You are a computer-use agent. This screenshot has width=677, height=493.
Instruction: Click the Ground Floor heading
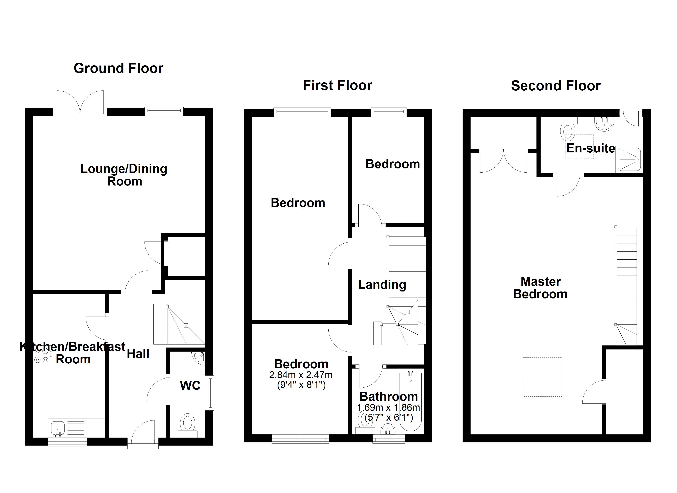click(119, 68)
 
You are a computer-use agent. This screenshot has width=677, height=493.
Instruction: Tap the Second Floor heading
click(556, 86)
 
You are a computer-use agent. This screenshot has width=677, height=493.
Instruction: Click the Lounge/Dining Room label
click(124, 175)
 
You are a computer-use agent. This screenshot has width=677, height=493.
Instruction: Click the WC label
click(190, 386)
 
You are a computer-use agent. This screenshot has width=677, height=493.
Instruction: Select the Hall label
click(138, 354)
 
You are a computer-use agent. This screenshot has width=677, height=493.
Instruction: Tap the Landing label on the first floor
click(382, 285)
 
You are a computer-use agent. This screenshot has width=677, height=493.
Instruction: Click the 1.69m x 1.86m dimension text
click(388, 408)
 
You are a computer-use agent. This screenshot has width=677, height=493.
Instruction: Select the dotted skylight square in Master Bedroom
click(542, 377)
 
